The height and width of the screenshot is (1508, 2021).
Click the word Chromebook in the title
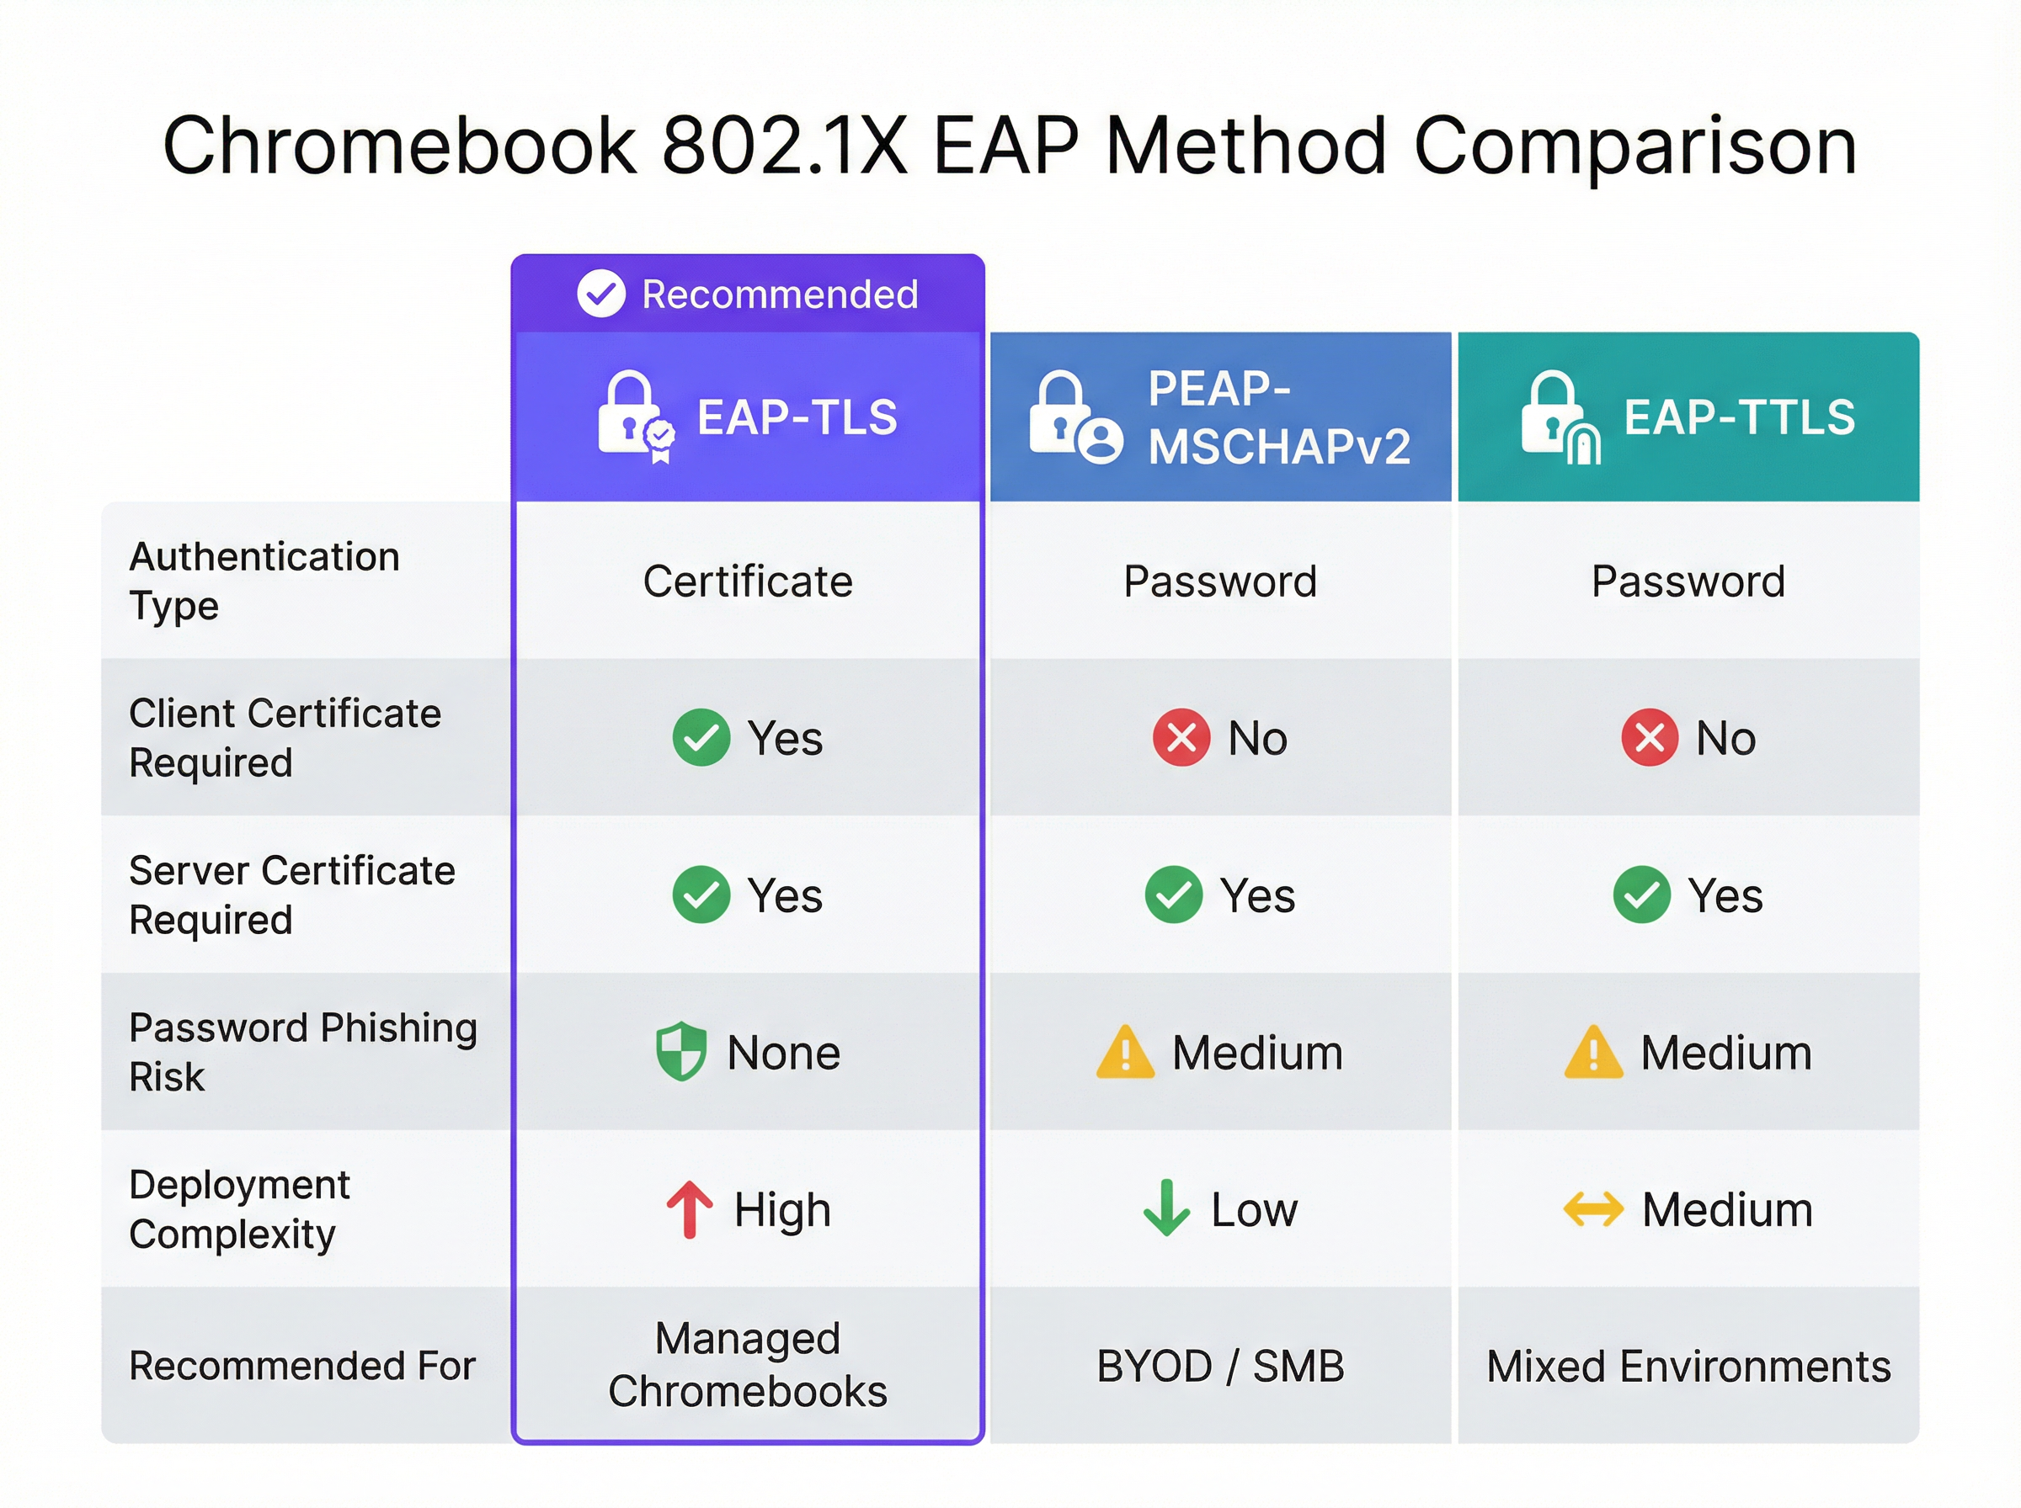[399, 147]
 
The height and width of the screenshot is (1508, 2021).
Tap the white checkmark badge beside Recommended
[601, 294]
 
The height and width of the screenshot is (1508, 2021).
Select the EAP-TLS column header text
[797, 417]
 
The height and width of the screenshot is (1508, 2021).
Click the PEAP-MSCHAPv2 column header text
[1278, 418]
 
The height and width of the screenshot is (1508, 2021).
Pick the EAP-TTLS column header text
[1739, 417]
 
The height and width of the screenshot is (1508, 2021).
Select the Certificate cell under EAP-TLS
[748, 581]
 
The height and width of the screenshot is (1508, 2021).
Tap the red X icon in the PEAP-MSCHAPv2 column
[1181, 737]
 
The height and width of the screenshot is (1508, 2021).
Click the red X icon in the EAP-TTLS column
[1650, 737]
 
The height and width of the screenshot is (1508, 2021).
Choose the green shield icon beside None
[681, 1052]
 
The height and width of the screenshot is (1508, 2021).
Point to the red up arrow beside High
[690, 1209]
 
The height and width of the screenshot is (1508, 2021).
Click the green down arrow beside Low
[1166, 1208]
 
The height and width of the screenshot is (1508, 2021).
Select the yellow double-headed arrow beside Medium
[1593, 1209]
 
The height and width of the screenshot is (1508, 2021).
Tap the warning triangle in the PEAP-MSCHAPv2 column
[1125, 1053]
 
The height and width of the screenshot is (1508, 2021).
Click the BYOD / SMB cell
[1220, 1367]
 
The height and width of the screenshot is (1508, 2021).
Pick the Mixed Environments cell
[1688, 1367]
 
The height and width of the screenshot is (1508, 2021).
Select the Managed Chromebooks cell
[748, 1365]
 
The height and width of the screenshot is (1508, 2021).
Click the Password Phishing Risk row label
[303, 1052]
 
